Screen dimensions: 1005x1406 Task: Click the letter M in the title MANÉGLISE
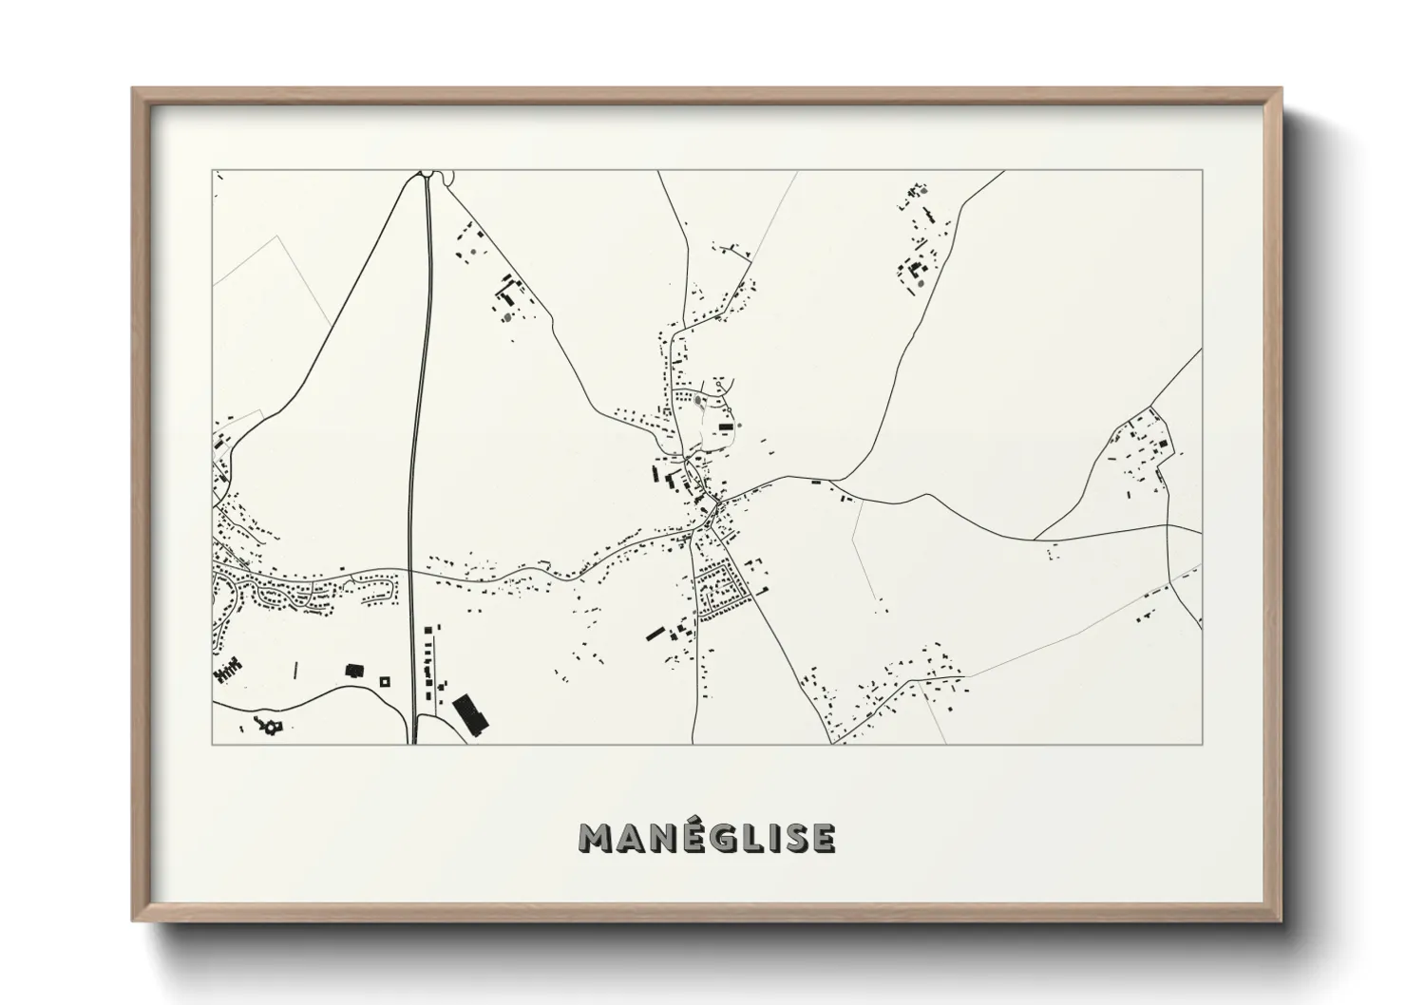(595, 838)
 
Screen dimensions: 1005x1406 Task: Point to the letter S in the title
(792, 838)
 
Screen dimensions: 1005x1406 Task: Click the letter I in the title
(769, 838)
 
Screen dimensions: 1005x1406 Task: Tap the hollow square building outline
(385, 680)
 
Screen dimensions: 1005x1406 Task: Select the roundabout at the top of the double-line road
(427, 175)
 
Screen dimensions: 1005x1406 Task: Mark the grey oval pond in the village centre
(699, 401)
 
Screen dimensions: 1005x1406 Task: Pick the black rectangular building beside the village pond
(727, 428)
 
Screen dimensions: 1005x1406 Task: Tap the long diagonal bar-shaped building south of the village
(656, 633)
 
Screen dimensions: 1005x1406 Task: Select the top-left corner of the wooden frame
(133, 89)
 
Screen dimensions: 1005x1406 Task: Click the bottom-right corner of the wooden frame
(1282, 921)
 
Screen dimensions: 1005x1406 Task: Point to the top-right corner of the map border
(1202, 171)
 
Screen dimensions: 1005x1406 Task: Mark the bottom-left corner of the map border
(213, 744)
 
